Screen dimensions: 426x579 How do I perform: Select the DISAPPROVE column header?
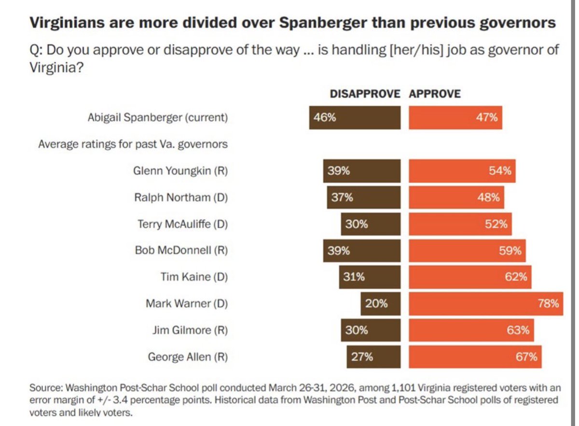click(365, 94)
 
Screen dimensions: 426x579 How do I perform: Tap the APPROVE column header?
click(435, 94)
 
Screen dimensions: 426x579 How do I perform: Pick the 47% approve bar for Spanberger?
click(455, 118)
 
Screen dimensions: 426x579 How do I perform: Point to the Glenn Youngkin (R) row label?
click(180, 171)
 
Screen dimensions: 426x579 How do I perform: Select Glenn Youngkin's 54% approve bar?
click(462, 171)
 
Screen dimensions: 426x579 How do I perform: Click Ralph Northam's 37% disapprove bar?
click(363, 197)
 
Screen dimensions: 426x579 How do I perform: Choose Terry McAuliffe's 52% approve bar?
click(460, 224)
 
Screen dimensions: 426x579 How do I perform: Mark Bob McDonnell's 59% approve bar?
click(467, 250)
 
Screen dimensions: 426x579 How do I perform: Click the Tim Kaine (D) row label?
click(194, 277)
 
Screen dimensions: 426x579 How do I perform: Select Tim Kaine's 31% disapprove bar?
click(369, 277)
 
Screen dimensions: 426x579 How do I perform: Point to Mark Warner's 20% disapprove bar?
click(380, 303)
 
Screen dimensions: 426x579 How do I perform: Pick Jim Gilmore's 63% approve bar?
click(471, 330)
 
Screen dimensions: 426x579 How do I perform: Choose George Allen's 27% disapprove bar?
click(373, 357)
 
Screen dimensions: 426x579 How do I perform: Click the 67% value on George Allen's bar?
click(527, 357)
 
